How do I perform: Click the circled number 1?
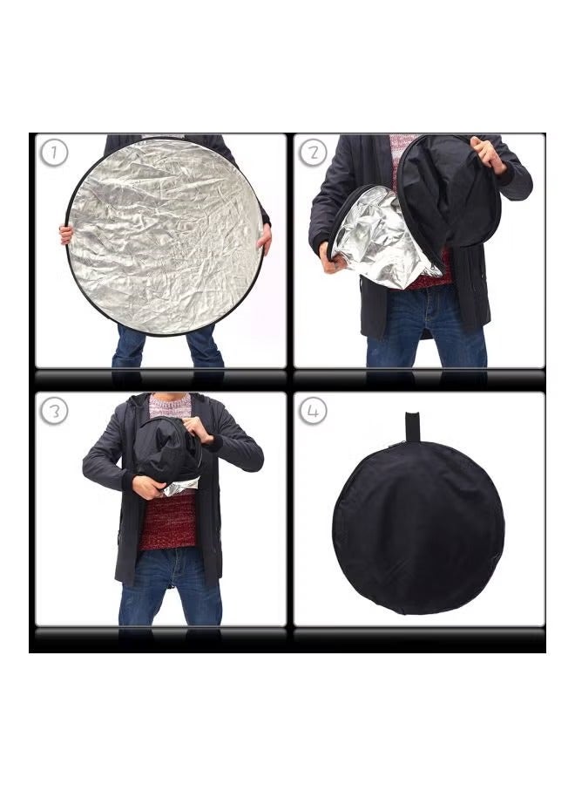pos(54,154)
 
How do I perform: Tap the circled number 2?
pos(314,154)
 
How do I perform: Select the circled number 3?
pos(54,411)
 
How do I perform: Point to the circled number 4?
pos(314,411)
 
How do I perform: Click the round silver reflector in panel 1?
pos(164,235)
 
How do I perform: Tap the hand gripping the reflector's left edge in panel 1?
pos(66,234)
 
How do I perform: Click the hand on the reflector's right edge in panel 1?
pos(264,235)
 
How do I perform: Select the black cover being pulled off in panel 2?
pos(449,196)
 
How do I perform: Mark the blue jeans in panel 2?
pos(424,331)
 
